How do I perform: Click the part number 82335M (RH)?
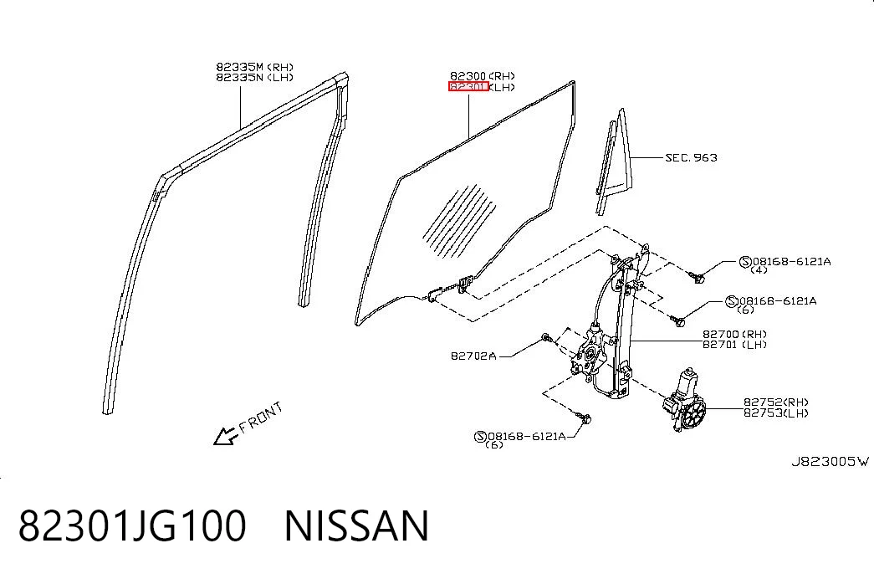click(x=255, y=67)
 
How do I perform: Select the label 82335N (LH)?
click(x=255, y=78)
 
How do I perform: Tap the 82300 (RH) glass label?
click(x=483, y=76)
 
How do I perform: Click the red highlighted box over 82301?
click(x=468, y=86)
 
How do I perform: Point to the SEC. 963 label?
click(x=691, y=158)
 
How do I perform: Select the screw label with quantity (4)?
click(x=785, y=264)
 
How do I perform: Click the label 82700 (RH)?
click(x=734, y=335)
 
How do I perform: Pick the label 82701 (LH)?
click(x=734, y=345)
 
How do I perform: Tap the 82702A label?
click(x=473, y=356)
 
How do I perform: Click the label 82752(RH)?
click(x=776, y=402)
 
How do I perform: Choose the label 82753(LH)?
click(x=776, y=413)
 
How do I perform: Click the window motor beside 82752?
click(x=684, y=402)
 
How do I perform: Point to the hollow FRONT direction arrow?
click(x=225, y=436)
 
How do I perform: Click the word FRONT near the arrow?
click(x=261, y=418)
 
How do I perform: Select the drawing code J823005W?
click(x=830, y=462)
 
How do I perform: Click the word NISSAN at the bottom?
click(x=357, y=525)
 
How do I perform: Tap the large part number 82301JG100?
click(x=132, y=525)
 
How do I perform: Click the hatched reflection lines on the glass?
click(x=458, y=222)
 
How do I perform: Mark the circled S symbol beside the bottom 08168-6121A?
click(x=480, y=436)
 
